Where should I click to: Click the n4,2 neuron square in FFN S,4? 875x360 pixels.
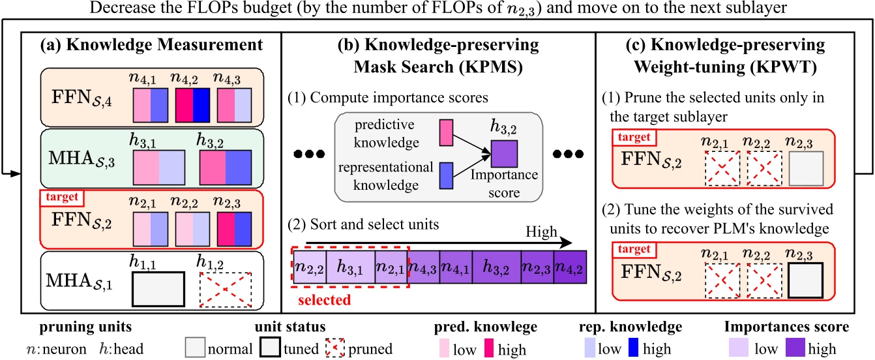[x=192, y=105]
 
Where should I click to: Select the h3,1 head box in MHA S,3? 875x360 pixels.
[x=159, y=168]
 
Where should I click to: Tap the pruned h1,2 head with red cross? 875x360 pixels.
[x=226, y=290]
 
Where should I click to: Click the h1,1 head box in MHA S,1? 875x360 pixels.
[x=158, y=290]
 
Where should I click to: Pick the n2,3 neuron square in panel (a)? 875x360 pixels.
[x=234, y=229]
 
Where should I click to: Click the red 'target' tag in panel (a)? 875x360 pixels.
[x=62, y=197]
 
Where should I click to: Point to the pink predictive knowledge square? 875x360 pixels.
[x=446, y=133]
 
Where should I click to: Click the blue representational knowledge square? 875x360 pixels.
[x=446, y=176]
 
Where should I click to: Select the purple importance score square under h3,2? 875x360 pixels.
[x=504, y=154]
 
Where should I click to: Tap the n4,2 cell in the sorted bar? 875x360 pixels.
[x=570, y=267]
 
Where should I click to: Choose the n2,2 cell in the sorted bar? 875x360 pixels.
[x=310, y=267]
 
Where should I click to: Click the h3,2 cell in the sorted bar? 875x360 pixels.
[x=496, y=267]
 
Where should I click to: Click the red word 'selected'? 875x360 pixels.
[x=325, y=300]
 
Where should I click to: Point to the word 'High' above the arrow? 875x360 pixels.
[x=541, y=232]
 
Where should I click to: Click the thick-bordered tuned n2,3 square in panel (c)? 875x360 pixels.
[x=806, y=280]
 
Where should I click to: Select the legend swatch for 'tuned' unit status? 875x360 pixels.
[x=269, y=347]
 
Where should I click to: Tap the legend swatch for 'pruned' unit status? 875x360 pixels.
[x=334, y=347]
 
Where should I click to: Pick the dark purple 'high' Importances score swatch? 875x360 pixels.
[x=795, y=348]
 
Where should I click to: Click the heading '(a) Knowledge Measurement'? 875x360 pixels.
[x=151, y=45]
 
